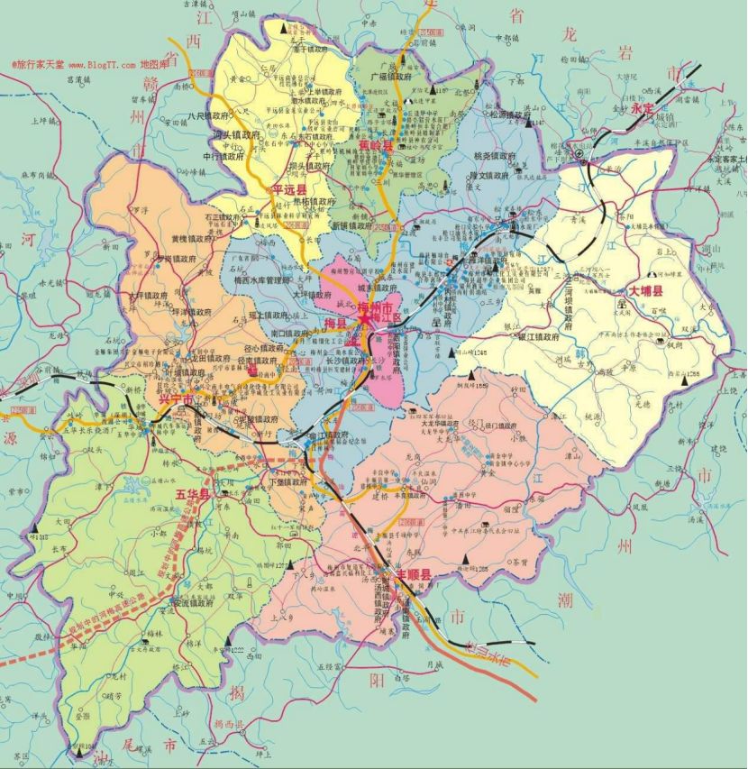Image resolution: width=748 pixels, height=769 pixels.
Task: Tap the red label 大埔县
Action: (645, 291)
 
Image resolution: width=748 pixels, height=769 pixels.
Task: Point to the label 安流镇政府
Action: (192, 604)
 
